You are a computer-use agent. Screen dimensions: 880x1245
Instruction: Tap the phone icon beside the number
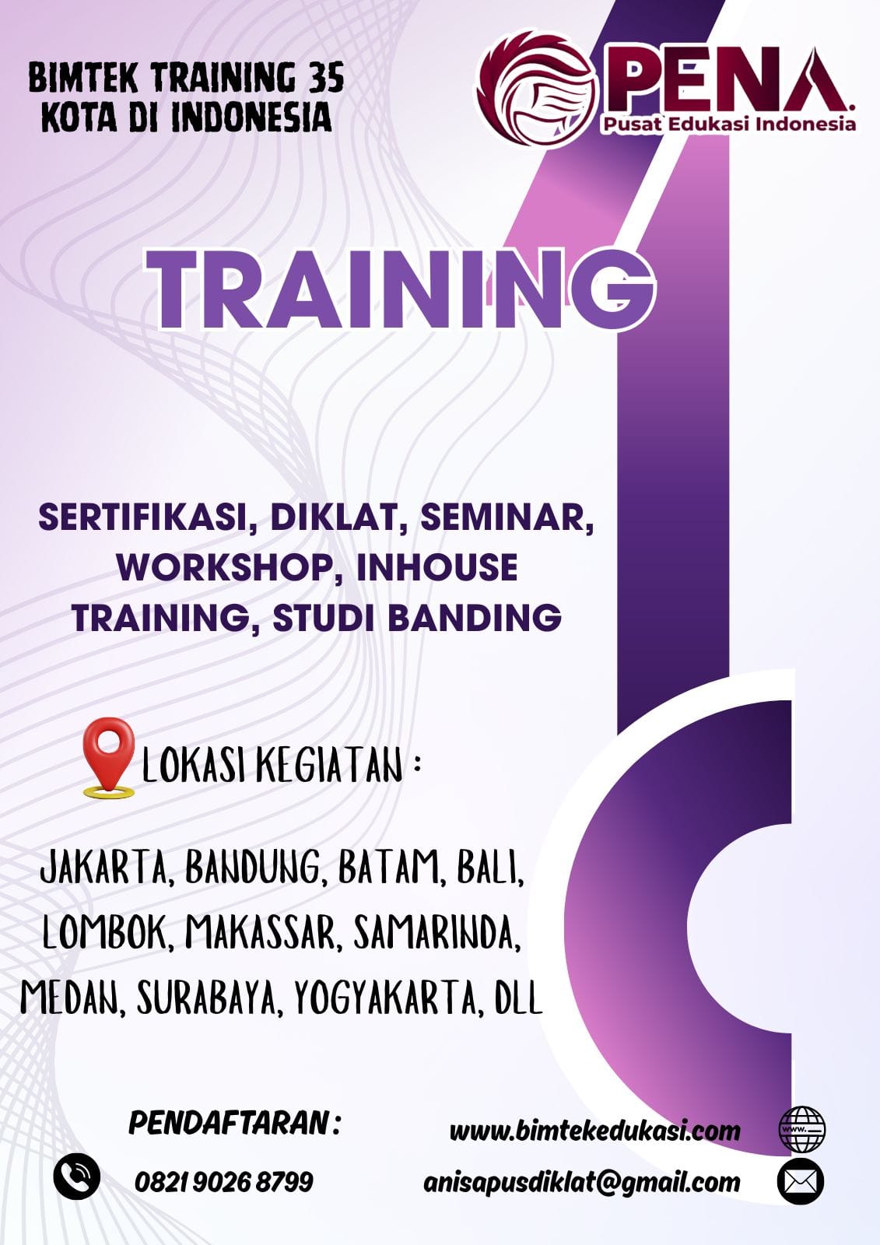(77, 1176)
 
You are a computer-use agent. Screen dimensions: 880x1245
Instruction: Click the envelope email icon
(801, 1181)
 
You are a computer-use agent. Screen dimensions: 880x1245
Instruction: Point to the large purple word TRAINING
(400, 289)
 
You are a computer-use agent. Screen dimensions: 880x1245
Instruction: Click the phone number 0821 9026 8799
(224, 1182)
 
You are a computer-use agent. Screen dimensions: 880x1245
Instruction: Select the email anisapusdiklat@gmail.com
(581, 1182)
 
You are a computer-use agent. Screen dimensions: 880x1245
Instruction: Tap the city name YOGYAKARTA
(384, 997)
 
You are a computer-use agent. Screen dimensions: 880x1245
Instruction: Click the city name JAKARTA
(103, 867)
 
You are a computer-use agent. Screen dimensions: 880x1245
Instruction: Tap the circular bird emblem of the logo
(534, 89)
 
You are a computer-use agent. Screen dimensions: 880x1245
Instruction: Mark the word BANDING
(474, 618)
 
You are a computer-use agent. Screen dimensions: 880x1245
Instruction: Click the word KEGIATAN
(331, 766)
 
